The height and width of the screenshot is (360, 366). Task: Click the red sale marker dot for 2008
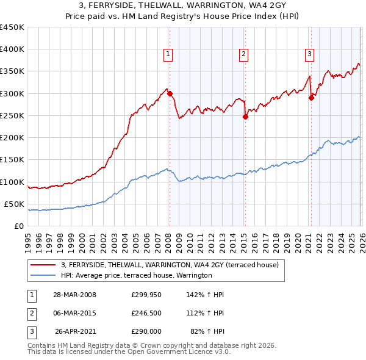pyautogui.click(x=170, y=94)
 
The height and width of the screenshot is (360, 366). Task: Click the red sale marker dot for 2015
pyautogui.click(x=245, y=117)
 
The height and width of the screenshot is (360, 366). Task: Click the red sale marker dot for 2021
pyautogui.click(x=311, y=98)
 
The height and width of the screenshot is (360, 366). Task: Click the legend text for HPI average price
pyautogui.click(x=136, y=275)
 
